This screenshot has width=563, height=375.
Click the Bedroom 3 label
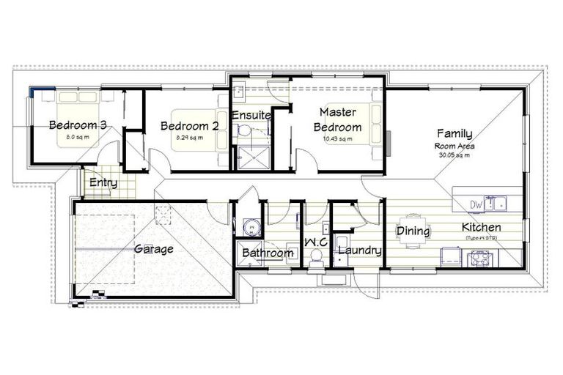(78, 125)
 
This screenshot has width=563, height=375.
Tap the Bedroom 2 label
(189, 126)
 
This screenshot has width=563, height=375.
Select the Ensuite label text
(252, 116)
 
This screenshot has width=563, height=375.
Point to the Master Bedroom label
(338, 119)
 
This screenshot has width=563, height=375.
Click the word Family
(455, 134)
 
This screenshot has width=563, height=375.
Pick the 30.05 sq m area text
(454, 155)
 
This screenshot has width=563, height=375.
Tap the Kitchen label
(482, 227)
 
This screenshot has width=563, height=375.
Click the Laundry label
(359, 251)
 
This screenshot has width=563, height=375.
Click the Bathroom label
(268, 253)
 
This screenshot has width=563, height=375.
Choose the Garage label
(154, 249)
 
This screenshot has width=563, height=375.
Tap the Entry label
(103, 183)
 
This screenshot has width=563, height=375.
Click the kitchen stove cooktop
(480, 256)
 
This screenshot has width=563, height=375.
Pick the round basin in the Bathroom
(252, 227)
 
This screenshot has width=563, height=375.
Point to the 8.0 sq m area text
(77, 137)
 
